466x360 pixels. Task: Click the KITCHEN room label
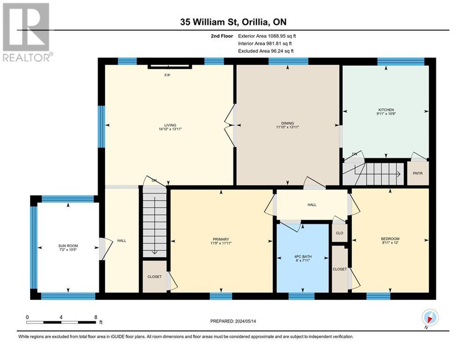[386, 110]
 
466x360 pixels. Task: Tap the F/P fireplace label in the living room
[167, 75]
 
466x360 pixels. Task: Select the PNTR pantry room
[418, 173]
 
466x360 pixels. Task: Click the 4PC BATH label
[303, 256]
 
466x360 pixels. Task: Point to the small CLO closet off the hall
[340, 232]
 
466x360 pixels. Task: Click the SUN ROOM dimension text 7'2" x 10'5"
[68, 250]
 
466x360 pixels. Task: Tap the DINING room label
[288, 123]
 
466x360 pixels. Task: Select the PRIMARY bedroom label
[221, 239]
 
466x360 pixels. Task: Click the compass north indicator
[430, 318]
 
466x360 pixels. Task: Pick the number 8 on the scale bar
[96, 317]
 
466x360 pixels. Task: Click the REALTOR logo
[26, 32]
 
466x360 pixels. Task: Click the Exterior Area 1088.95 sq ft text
[267, 36]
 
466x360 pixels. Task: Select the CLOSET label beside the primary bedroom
[155, 277]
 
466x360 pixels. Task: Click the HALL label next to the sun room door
[122, 240]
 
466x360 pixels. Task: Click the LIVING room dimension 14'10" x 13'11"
[170, 129]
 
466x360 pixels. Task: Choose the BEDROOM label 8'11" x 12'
[390, 240]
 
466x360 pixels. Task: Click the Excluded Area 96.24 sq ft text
[266, 51]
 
